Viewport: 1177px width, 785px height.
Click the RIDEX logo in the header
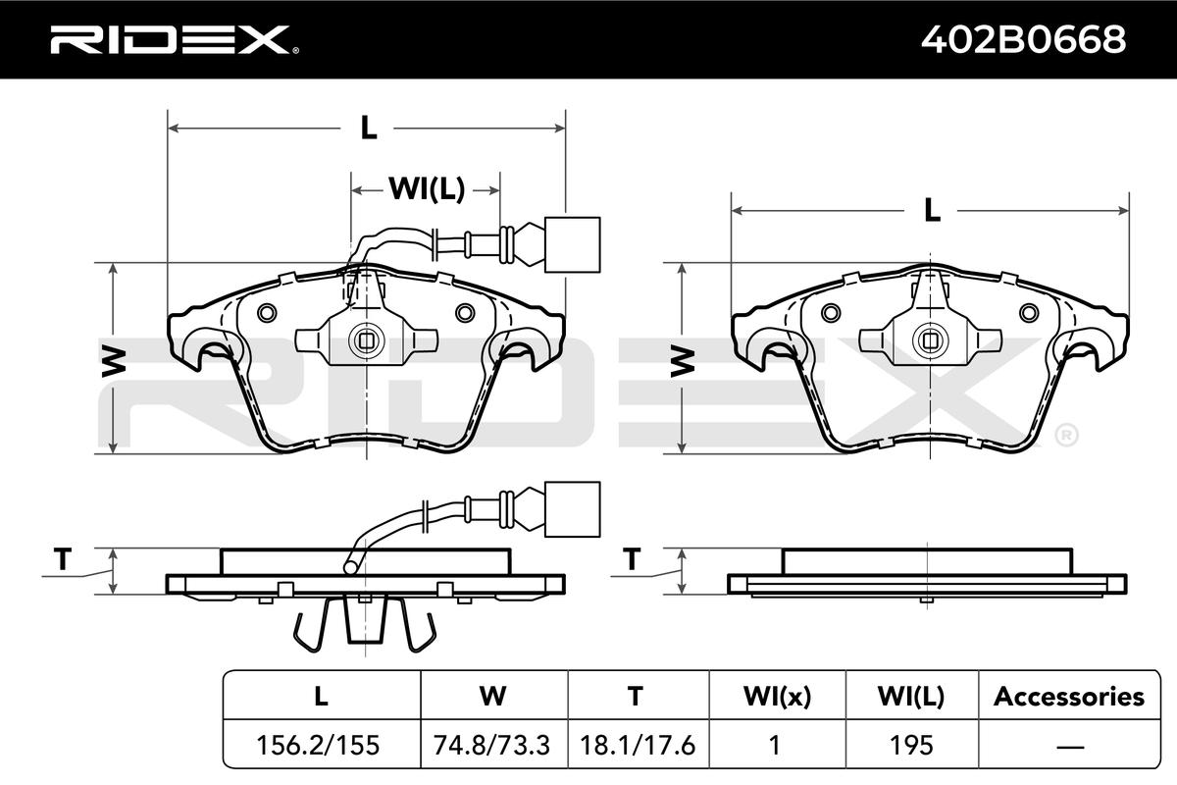point(175,39)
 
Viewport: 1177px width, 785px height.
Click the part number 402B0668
point(1023,39)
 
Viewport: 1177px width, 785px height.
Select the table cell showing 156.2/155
point(318,745)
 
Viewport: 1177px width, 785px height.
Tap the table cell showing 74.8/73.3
point(491,745)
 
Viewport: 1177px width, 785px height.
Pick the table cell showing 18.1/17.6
point(638,745)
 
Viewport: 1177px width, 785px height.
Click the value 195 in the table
point(911,745)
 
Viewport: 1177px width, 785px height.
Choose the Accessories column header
point(1069,697)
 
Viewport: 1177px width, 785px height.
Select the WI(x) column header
point(777,697)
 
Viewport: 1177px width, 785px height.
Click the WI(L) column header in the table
point(911,697)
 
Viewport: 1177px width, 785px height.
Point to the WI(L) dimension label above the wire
point(427,188)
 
